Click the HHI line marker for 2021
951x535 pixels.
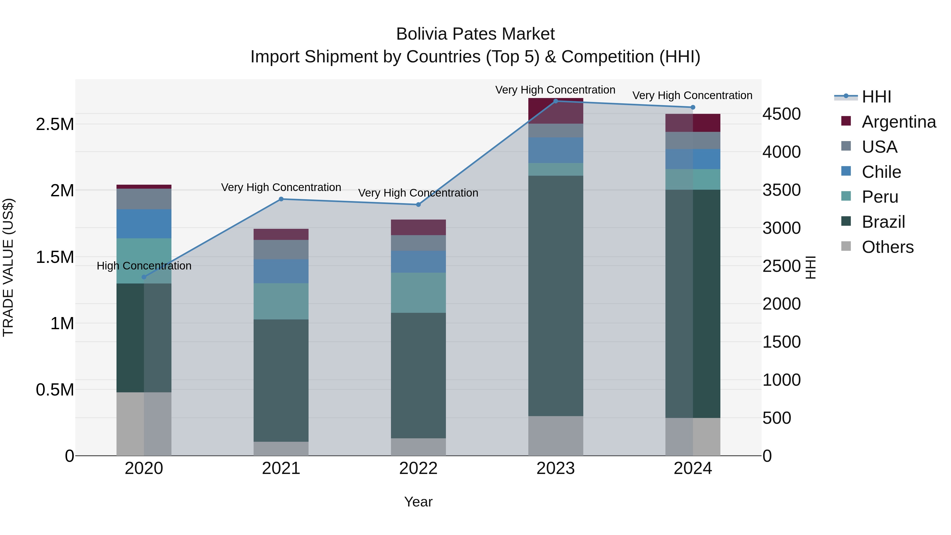(281, 199)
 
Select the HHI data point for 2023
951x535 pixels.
(556, 101)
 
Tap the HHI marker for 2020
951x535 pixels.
(144, 277)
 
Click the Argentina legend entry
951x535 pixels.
(899, 122)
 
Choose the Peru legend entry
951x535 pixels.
(879, 197)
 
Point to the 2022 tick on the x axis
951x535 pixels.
(418, 468)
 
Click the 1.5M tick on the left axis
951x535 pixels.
(55, 257)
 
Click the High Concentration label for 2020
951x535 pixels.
(144, 266)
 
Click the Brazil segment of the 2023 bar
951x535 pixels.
(556, 295)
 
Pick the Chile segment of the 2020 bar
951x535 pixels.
(144, 224)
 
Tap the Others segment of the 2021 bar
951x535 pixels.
(281, 449)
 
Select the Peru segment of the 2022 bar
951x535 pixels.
(418, 293)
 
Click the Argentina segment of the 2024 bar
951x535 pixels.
(693, 123)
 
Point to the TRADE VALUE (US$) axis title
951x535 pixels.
(8, 268)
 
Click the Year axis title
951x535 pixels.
(418, 502)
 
